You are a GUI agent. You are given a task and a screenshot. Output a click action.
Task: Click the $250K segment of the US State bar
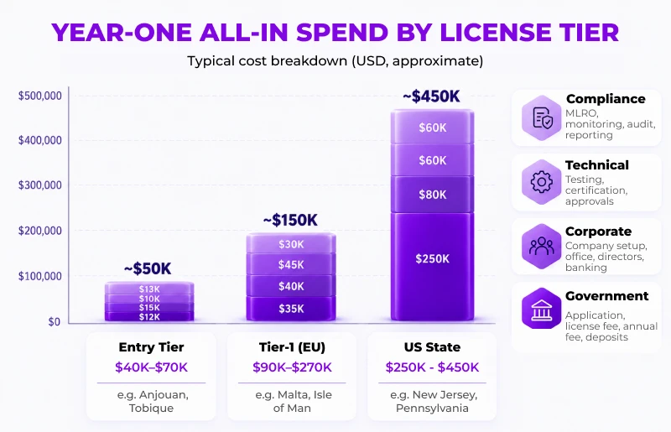pyautogui.click(x=432, y=266)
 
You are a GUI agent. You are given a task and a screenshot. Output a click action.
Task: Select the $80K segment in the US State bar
pyautogui.click(x=432, y=195)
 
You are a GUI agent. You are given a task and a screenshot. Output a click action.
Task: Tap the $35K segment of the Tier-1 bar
pyautogui.click(x=291, y=308)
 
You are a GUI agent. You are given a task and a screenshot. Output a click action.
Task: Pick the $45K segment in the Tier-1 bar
pyautogui.click(x=291, y=264)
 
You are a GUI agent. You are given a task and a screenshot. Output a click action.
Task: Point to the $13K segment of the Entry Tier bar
pyautogui.click(x=149, y=289)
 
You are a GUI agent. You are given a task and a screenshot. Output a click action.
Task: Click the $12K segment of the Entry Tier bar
pyautogui.click(x=149, y=316)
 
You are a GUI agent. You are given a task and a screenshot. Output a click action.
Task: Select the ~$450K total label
pyautogui.click(x=431, y=96)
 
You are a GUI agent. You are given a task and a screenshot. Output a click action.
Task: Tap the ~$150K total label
pyautogui.click(x=290, y=220)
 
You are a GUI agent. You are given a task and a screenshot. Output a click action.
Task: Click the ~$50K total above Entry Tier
pyautogui.click(x=148, y=269)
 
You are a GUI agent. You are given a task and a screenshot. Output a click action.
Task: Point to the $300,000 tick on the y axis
pyautogui.click(x=39, y=185)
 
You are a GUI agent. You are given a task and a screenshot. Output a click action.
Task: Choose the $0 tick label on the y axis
pyautogui.click(x=54, y=321)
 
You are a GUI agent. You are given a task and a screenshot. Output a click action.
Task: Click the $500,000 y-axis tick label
pyautogui.click(x=39, y=96)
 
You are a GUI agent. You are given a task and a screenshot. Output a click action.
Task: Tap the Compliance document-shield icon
pyautogui.click(x=542, y=117)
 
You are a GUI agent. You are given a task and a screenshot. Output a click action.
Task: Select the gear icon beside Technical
pyautogui.click(x=542, y=182)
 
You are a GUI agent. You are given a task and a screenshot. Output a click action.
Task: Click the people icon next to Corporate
pyautogui.click(x=542, y=246)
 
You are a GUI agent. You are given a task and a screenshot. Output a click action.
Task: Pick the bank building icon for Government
pyautogui.click(x=542, y=309)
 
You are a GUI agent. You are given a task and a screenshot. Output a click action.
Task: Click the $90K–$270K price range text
pyautogui.click(x=292, y=367)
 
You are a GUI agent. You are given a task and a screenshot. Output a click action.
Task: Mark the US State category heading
pyautogui.click(x=432, y=346)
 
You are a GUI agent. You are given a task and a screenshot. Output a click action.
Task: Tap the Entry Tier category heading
pyautogui.click(x=151, y=346)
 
